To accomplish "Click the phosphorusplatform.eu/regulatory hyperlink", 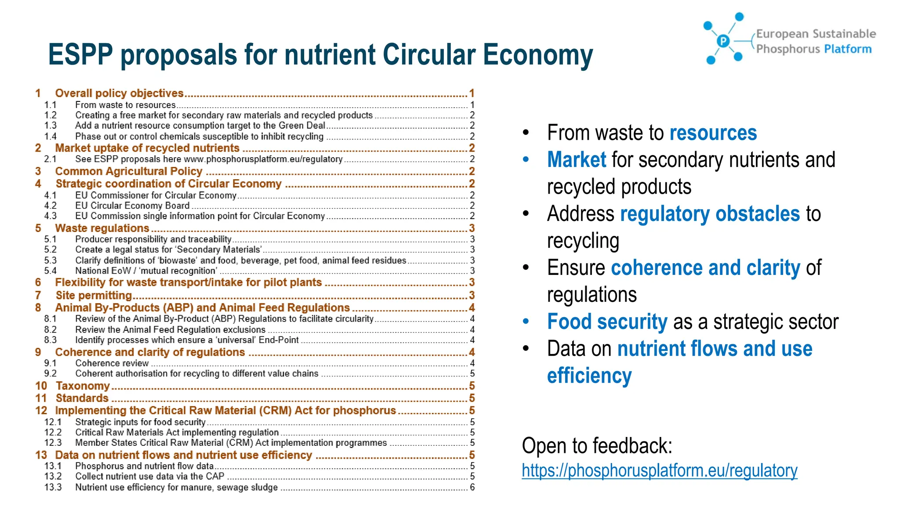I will point(659,470).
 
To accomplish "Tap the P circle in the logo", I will point(723,41).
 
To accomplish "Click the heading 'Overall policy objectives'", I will point(119,93).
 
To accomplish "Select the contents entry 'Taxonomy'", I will point(83,386).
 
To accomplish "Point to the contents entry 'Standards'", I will point(82,398).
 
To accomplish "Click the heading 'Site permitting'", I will point(94,295).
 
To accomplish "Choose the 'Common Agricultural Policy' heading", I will point(129,171).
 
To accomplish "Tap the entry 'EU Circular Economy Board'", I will point(132,206).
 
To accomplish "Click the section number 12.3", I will point(53,443).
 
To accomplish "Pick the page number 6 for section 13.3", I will point(472,487).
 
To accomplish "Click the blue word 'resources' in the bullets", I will point(713,133).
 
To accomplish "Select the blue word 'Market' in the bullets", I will point(577,159).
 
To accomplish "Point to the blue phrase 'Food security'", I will point(607,322).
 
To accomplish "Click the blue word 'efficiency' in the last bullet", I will point(589,376).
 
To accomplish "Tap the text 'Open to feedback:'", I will point(597,445).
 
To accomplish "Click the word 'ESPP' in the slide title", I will point(80,54).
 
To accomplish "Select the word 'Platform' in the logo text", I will point(848,49).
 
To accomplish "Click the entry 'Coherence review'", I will point(112,363).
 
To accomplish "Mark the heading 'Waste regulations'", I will point(102,228).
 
